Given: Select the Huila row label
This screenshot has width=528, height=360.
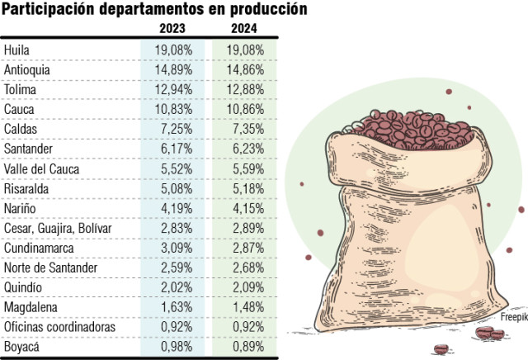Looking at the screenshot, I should [x=17, y=50].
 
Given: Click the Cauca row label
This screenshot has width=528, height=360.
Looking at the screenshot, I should [x=19, y=110].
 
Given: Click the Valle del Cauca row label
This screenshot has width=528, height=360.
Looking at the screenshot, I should [x=40, y=168].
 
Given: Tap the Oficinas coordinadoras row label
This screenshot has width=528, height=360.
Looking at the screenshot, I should [x=59, y=327].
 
